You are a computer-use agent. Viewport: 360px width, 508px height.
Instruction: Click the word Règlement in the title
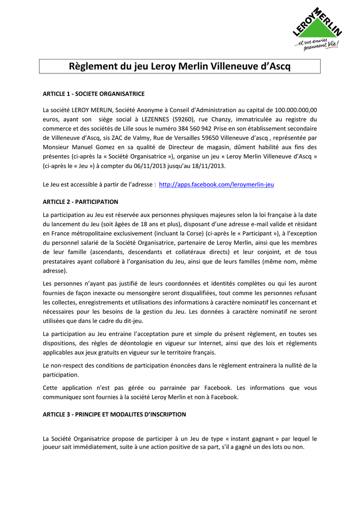93,66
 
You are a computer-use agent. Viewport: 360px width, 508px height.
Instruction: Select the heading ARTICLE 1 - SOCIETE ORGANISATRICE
94,94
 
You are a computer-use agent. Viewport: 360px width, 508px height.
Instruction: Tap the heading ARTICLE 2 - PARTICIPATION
80,202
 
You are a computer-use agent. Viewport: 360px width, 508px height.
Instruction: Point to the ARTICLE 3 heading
114,414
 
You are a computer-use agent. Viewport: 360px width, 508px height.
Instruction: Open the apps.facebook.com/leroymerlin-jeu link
216,184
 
